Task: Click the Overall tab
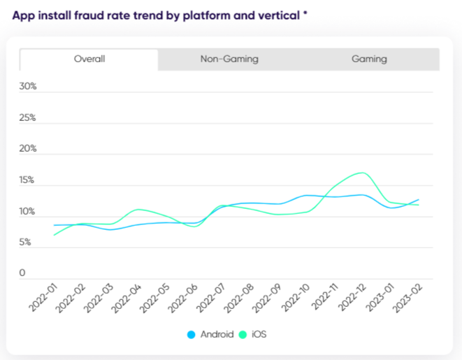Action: point(89,59)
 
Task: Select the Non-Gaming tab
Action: point(229,59)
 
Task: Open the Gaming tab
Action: point(369,59)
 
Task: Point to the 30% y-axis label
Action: point(28,87)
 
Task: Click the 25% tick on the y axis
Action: point(28,117)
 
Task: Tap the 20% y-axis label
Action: point(28,149)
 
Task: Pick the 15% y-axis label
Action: point(28,180)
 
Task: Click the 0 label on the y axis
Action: point(22,273)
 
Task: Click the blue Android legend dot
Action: point(192,335)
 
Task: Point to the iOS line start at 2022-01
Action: point(54,235)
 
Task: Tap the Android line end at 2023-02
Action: point(419,200)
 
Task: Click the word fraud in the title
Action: point(87,14)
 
